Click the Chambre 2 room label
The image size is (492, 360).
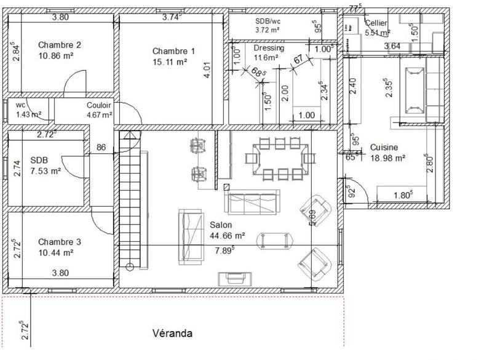(59, 45)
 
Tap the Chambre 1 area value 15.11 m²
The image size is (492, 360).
(169, 62)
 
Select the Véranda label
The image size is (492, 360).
(172, 334)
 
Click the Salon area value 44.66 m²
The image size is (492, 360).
(228, 235)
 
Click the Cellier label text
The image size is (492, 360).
(376, 23)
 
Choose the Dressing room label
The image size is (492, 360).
(269, 48)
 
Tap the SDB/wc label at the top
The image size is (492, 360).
(268, 21)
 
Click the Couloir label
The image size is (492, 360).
(98, 105)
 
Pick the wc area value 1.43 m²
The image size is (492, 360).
(28, 114)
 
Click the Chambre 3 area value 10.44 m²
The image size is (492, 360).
(56, 252)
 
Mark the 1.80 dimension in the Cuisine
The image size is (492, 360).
(403, 196)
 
